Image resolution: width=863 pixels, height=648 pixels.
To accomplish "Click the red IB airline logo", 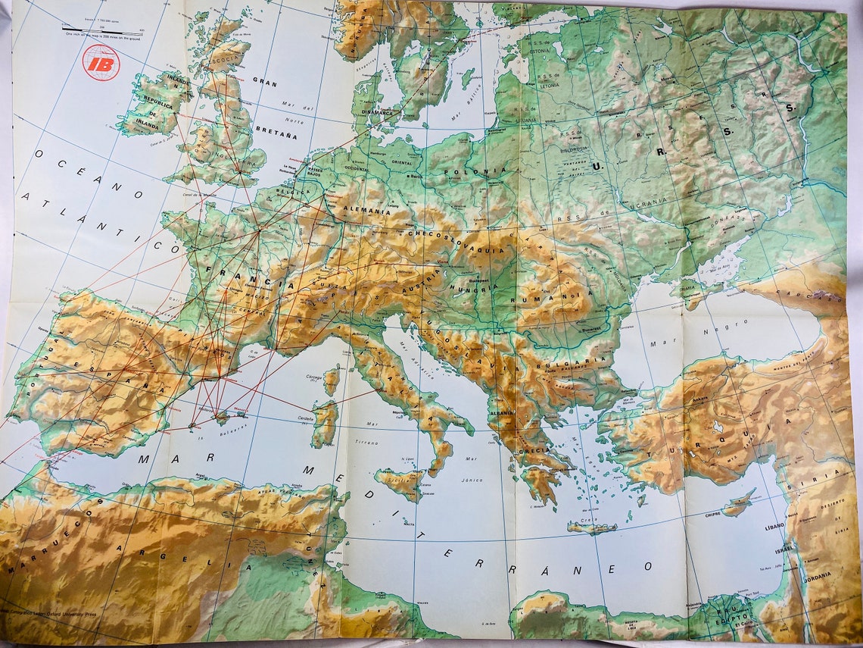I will (101, 63).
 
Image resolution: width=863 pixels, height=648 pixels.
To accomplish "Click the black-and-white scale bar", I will (101, 33).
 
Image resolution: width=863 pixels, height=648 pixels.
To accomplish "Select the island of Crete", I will (591, 527).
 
